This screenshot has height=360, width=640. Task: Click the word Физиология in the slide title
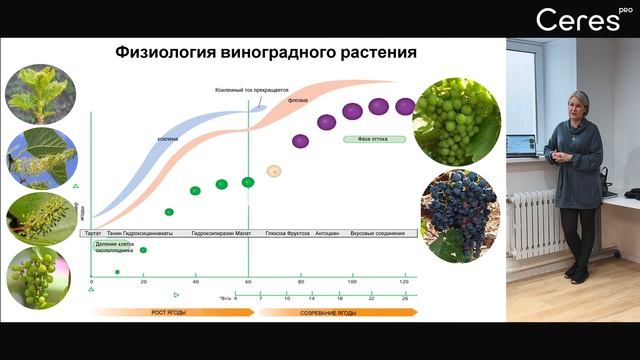(160, 52)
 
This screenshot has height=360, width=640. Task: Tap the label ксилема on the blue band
(167, 139)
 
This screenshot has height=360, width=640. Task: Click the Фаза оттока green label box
(366, 139)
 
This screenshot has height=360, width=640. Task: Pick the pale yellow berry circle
(273, 171)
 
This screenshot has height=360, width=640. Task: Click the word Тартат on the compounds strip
(93, 232)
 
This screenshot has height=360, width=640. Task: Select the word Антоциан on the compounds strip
(328, 232)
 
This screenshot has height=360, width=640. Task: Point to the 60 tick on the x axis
(247, 284)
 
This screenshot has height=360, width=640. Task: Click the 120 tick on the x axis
(404, 284)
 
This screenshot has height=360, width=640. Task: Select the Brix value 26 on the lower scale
(404, 298)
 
